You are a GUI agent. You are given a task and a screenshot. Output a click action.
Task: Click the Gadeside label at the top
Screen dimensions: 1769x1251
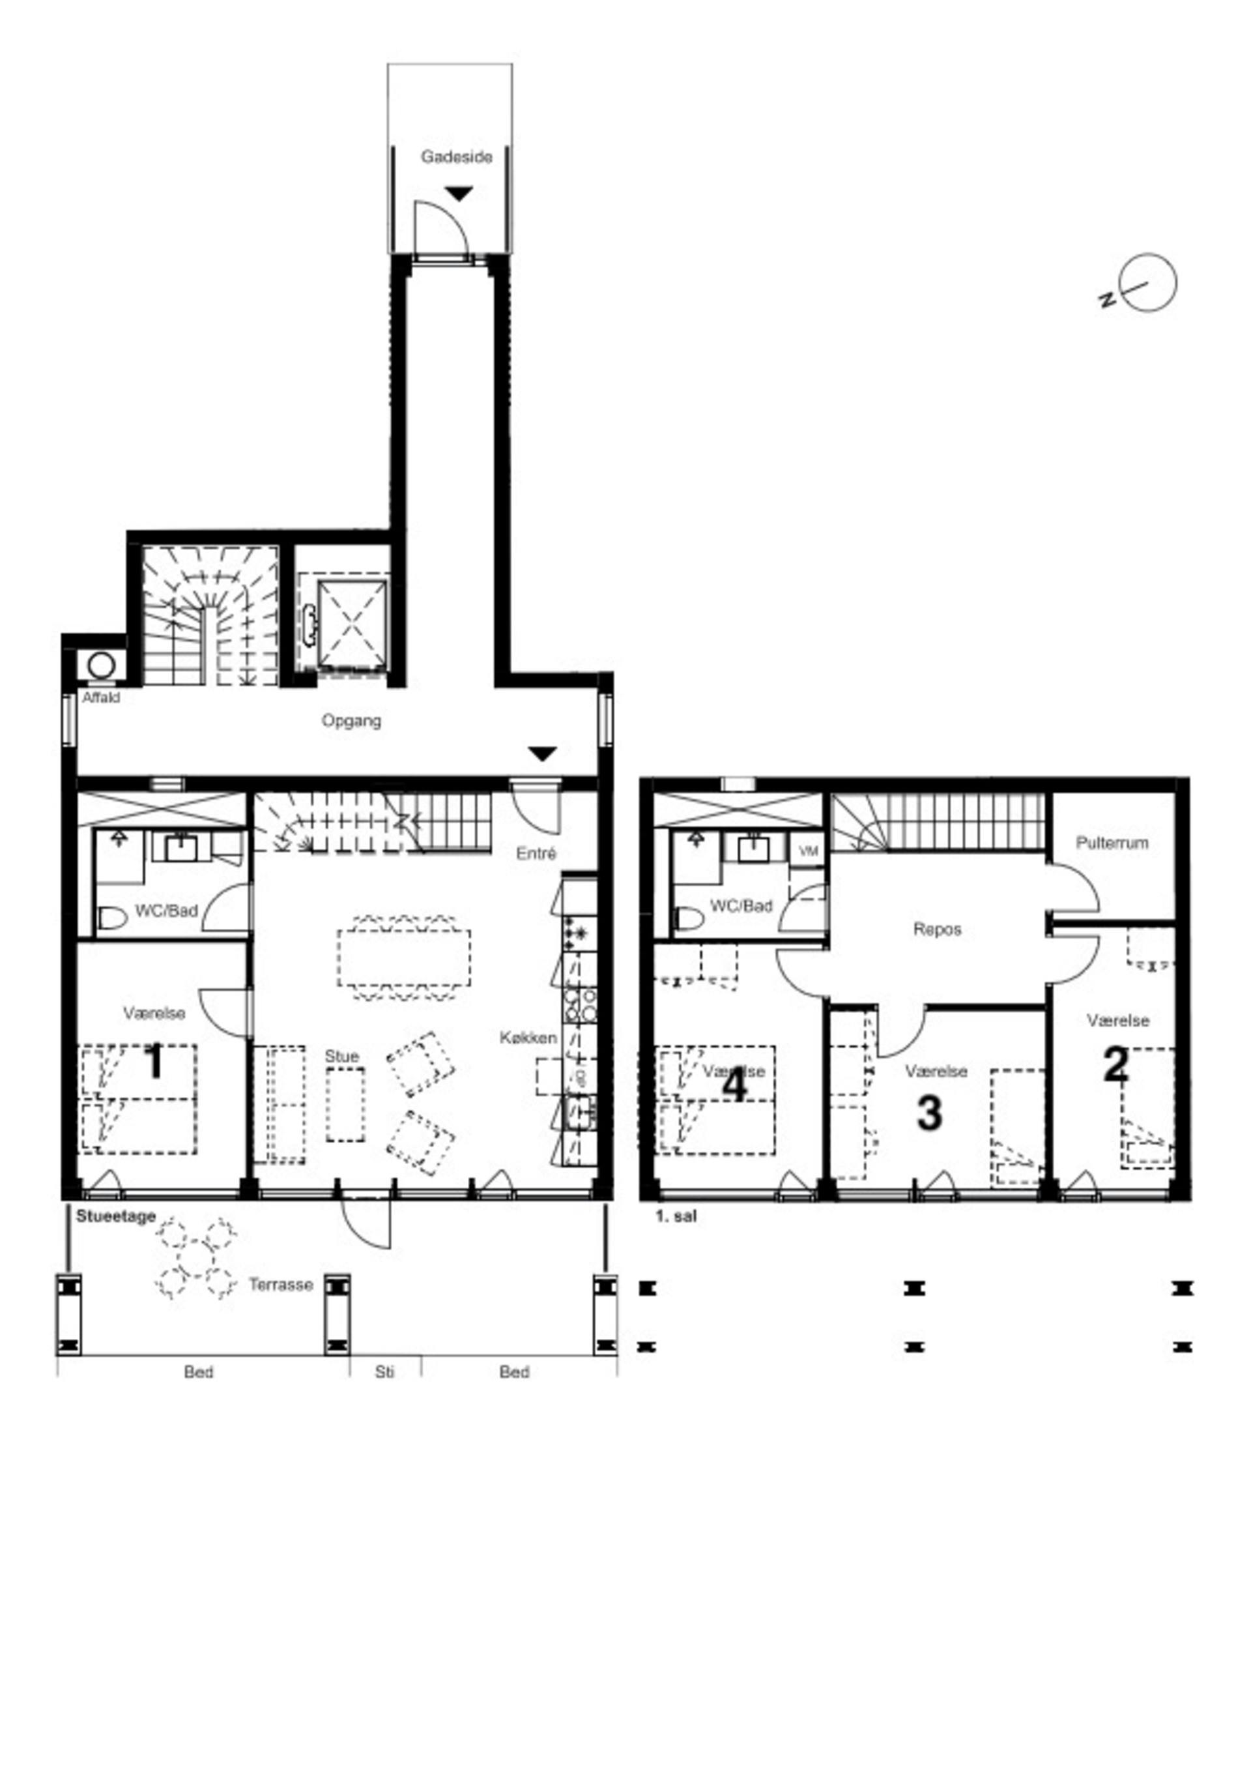456,157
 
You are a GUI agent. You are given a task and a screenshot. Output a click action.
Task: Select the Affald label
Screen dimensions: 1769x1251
101,698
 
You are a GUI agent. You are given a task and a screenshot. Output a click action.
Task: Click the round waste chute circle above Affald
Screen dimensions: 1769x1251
101,665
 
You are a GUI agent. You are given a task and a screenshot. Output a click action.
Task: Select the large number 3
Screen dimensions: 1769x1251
929,1113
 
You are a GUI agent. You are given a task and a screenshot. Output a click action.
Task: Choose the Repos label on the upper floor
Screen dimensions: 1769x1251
937,929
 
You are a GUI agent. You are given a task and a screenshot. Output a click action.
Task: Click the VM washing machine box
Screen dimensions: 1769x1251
808,851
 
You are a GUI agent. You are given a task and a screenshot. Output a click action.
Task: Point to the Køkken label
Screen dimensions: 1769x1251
528,1038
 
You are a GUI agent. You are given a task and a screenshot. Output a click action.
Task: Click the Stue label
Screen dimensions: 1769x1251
341,1057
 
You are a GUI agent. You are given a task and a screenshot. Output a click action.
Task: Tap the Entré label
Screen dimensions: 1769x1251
536,854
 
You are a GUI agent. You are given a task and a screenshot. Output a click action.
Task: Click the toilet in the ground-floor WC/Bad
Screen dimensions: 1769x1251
113,918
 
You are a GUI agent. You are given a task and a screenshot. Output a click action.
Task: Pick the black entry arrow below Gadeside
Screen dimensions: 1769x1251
459,194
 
